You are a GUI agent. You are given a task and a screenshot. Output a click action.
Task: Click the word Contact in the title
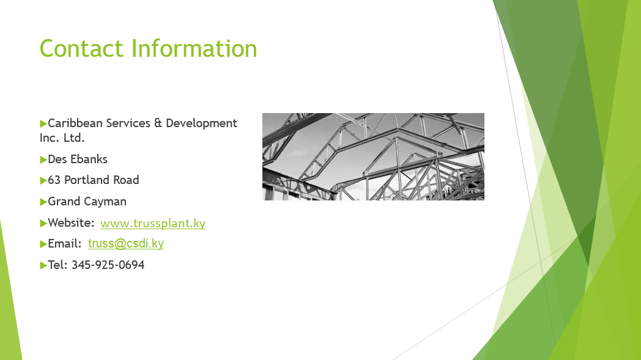[x=81, y=49]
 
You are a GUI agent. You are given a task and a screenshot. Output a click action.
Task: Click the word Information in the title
[x=194, y=49]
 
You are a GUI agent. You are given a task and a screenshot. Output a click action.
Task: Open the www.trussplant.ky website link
[x=153, y=223]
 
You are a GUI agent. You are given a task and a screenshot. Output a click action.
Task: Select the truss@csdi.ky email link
[x=126, y=243]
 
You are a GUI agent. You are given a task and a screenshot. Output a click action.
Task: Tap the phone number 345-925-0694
[x=108, y=265]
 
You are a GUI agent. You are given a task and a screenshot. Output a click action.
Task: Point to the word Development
[x=202, y=123]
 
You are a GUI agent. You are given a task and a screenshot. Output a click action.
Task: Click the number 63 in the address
[x=54, y=180]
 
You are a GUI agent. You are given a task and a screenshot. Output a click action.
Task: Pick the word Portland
[x=87, y=180]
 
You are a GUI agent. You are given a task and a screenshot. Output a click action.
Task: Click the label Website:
[x=71, y=222]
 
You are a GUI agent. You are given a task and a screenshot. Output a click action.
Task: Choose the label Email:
[x=65, y=243]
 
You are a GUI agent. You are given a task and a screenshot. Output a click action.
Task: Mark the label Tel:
[x=57, y=265]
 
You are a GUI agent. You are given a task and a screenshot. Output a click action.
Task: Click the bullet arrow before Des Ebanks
[x=43, y=160]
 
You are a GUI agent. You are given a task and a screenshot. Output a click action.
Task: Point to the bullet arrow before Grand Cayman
[x=43, y=202]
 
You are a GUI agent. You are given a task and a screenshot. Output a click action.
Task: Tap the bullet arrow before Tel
[x=43, y=266]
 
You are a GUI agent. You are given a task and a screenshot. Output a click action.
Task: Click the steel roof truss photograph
[x=373, y=156]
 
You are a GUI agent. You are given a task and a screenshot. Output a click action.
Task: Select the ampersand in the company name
[x=158, y=123]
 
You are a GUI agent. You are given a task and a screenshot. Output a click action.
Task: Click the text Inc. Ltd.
[x=62, y=138]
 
